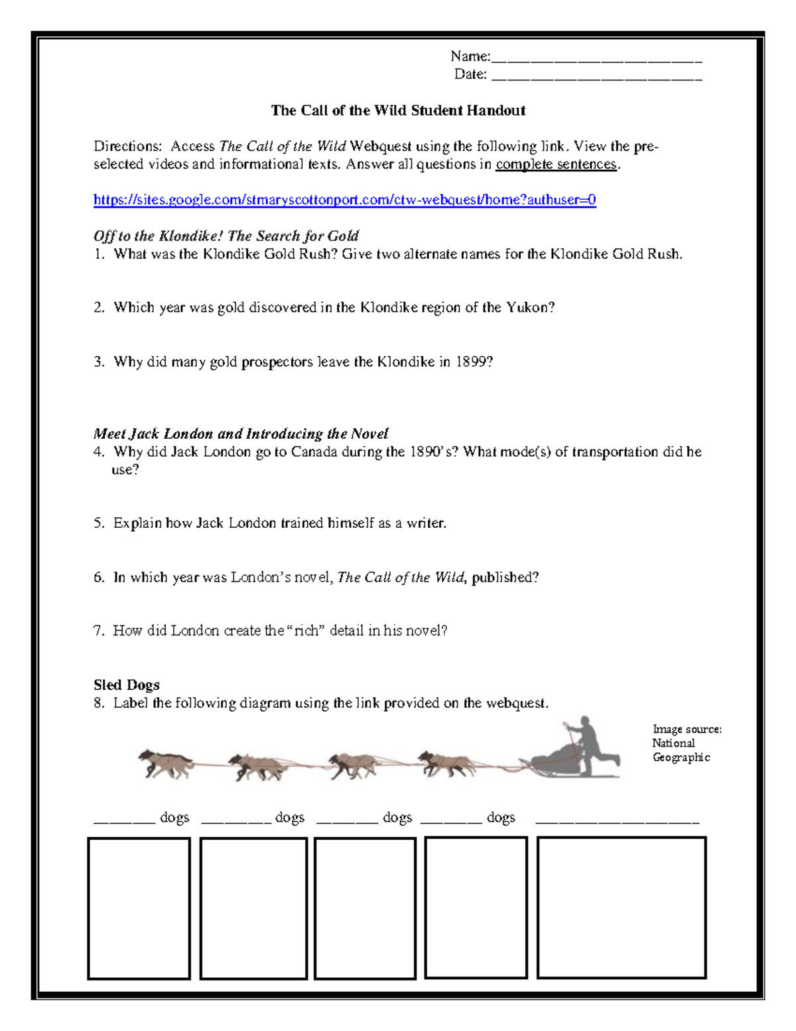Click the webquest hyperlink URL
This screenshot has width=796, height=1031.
[x=344, y=200]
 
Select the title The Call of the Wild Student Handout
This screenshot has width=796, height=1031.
[x=398, y=111]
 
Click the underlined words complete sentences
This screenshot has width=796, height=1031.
[x=556, y=164]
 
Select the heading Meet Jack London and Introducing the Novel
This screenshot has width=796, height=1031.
[x=240, y=434]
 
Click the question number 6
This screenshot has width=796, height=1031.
[x=99, y=578]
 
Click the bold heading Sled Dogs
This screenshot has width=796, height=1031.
[x=126, y=685]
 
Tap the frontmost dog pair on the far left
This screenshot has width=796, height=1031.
[x=165, y=763]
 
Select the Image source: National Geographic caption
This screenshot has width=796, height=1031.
[x=686, y=743]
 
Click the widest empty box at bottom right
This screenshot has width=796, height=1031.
[x=621, y=907]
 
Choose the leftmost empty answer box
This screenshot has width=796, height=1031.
[x=139, y=908]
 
